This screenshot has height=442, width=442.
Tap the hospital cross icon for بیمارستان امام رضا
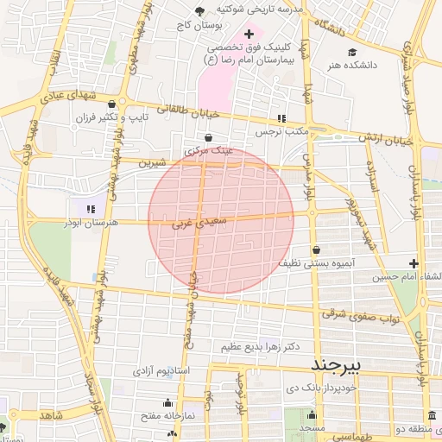[249, 34]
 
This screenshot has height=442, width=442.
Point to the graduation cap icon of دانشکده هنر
[351, 52]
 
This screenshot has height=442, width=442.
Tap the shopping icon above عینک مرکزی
[208, 136]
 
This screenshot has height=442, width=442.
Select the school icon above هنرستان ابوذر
[91, 208]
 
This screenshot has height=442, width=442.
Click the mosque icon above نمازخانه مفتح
[167, 403]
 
